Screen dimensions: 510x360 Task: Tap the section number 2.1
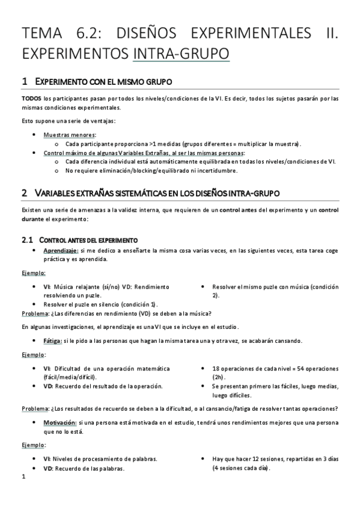pyautogui.click(x=28, y=240)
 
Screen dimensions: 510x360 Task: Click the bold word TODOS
pyautogui.click(x=31, y=98)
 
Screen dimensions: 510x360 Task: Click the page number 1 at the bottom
pyautogui.click(x=23, y=478)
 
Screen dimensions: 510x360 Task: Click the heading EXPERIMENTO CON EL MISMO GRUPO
pyautogui.click(x=106, y=81)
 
